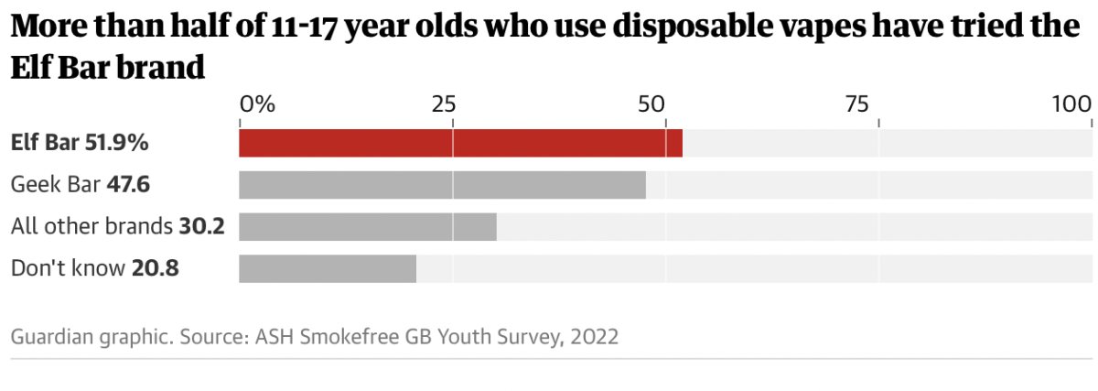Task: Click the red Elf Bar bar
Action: (x=460, y=143)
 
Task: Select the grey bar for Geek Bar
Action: (x=442, y=185)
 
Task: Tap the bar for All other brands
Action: (x=367, y=226)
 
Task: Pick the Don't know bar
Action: (x=328, y=268)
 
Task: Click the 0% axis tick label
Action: (x=257, y=103)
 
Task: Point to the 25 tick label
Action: (x=444, y=103)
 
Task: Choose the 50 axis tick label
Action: (x=651, y=103)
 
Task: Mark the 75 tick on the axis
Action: (x=857, y=103)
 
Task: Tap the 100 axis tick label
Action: (x=1071, y=103)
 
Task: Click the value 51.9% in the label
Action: (x=117, y=143)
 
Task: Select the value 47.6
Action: (x=128, y=185)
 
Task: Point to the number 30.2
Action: (x=202, y=226)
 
